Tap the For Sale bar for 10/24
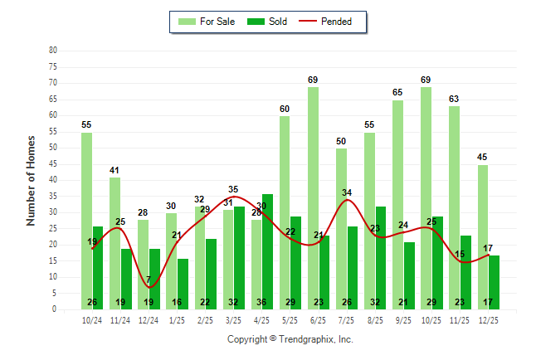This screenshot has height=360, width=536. [x=86, y=221]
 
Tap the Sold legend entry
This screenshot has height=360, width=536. [x=270, y=22]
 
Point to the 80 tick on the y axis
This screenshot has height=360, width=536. [x=53, y=50]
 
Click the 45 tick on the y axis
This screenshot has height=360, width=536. [x=53, y=163]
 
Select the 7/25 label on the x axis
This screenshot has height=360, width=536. [x=347, y=319]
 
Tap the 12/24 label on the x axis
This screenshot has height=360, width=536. [x=149, y=319]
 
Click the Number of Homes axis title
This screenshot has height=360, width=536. [x=31, y=180]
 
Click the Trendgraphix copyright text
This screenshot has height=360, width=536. [x=290, y=339]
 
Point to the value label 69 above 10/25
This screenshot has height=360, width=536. [x=426, y=80]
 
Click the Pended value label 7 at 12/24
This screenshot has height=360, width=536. [x=149, y=280]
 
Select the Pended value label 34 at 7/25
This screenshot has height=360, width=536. [x=347, y=192]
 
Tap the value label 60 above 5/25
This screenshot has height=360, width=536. [x=285, y=109]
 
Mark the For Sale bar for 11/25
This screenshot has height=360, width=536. [x=455, y=207]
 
